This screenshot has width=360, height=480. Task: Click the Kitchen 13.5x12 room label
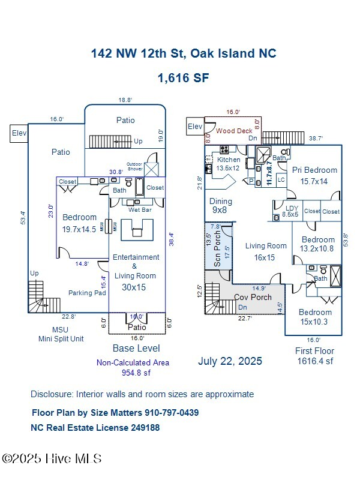pyautogui.click(x=228, y=164)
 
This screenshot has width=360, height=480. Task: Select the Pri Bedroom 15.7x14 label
pyautogui.click(x=314, y=175)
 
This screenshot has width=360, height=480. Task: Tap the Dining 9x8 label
pyautogui.click(x=220, y=206)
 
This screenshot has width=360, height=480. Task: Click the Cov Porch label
pyautogui.click(x=253, y=297)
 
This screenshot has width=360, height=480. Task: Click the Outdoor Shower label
pyautogui.click(x=134, y=166)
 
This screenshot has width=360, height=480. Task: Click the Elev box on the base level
pyautogui.click(x=19, y=134)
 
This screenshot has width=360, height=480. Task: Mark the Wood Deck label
pyautogui.click(x=235, y=130)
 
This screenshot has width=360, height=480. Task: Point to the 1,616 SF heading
pyautogui.click(x=183, y=77)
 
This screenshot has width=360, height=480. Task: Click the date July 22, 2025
pyautogui.click(x=230, y=361)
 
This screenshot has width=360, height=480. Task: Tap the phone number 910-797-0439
pyautogui.click(x=172, y=413)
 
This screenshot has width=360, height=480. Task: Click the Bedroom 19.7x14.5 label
pyautogui.click(x=79, y=223)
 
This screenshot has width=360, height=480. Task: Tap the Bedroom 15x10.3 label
pyautogui.click(x=315, y=317)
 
